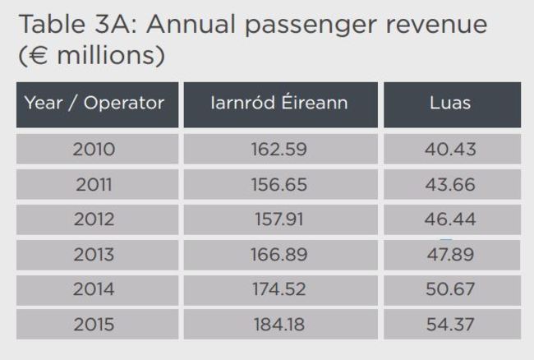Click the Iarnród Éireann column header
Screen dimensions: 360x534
(x=279, y=104)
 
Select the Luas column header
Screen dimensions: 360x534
(x=450, y=104)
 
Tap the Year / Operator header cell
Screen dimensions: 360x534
(x=94, y=104)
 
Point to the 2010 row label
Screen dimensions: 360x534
(x=94, y=150)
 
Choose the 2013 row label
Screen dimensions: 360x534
(x=94, y=255)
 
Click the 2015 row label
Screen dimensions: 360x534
(x=94, y=325)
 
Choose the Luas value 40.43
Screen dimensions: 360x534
(x=450, y=150)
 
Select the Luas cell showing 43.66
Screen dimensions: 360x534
(x=450, y=185)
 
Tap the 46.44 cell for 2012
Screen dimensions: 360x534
(x=450, y=219)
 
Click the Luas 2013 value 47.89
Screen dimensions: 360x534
(x=450, y=255)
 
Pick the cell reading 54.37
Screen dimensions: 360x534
(x=450, y=325)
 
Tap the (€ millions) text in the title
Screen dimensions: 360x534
(x=90, y=56)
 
